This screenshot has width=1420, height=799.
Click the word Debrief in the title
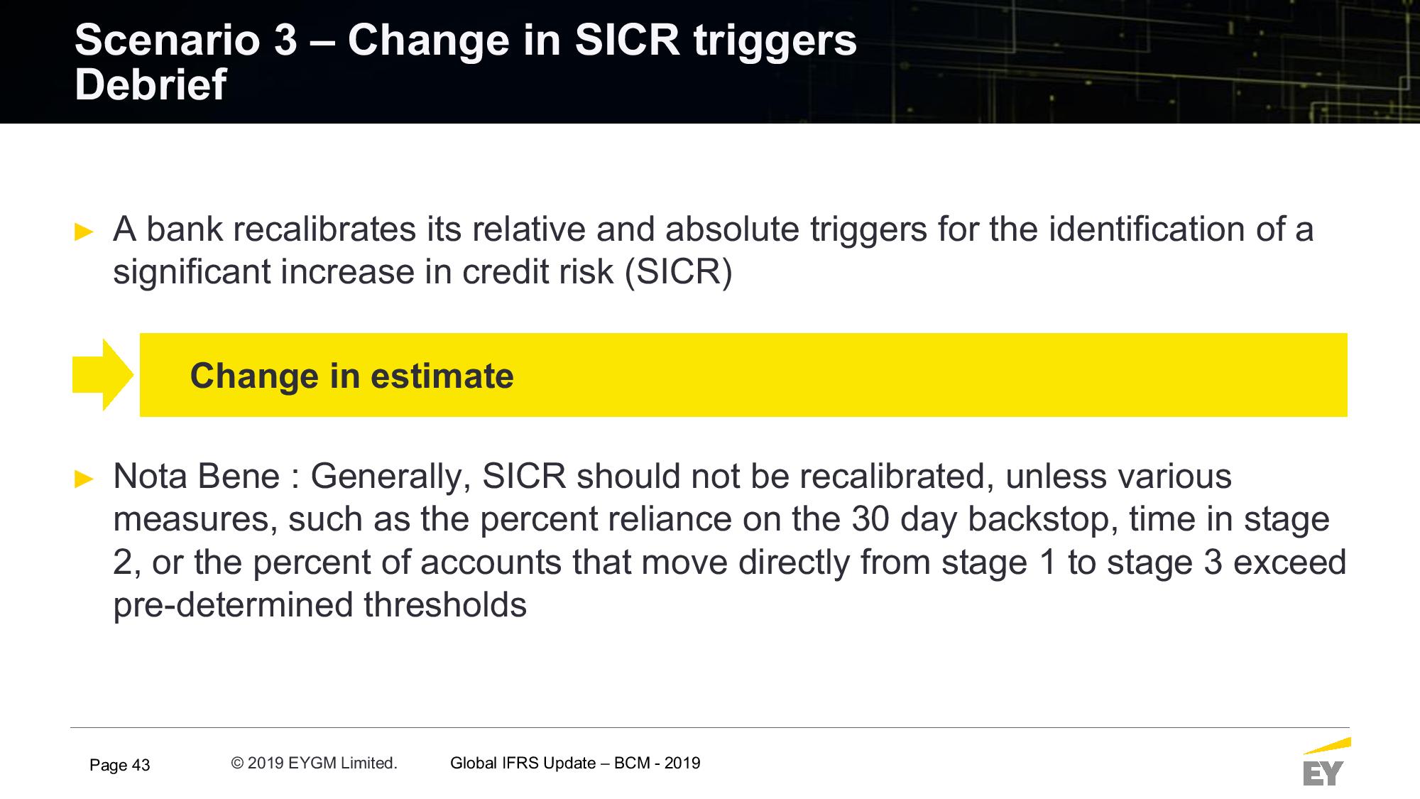(x=151, y=85)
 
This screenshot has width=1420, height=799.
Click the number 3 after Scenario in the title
(x=285, y=40)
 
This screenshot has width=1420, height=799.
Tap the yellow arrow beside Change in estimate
(x=103, y=375)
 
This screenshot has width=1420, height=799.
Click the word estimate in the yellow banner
(x=442, y=376)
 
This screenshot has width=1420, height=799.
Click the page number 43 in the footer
(x=141, y=765)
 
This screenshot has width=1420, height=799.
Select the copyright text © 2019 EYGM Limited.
(x=314, y=763)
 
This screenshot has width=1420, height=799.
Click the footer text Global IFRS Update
(x=523, y=763)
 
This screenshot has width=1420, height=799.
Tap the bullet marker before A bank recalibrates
(x=84, y=232)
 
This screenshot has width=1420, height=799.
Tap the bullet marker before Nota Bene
(x=84, y=479)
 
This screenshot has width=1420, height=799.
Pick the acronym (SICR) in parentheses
(x=678, y=273)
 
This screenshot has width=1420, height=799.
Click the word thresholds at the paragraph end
(x=445, y=605)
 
